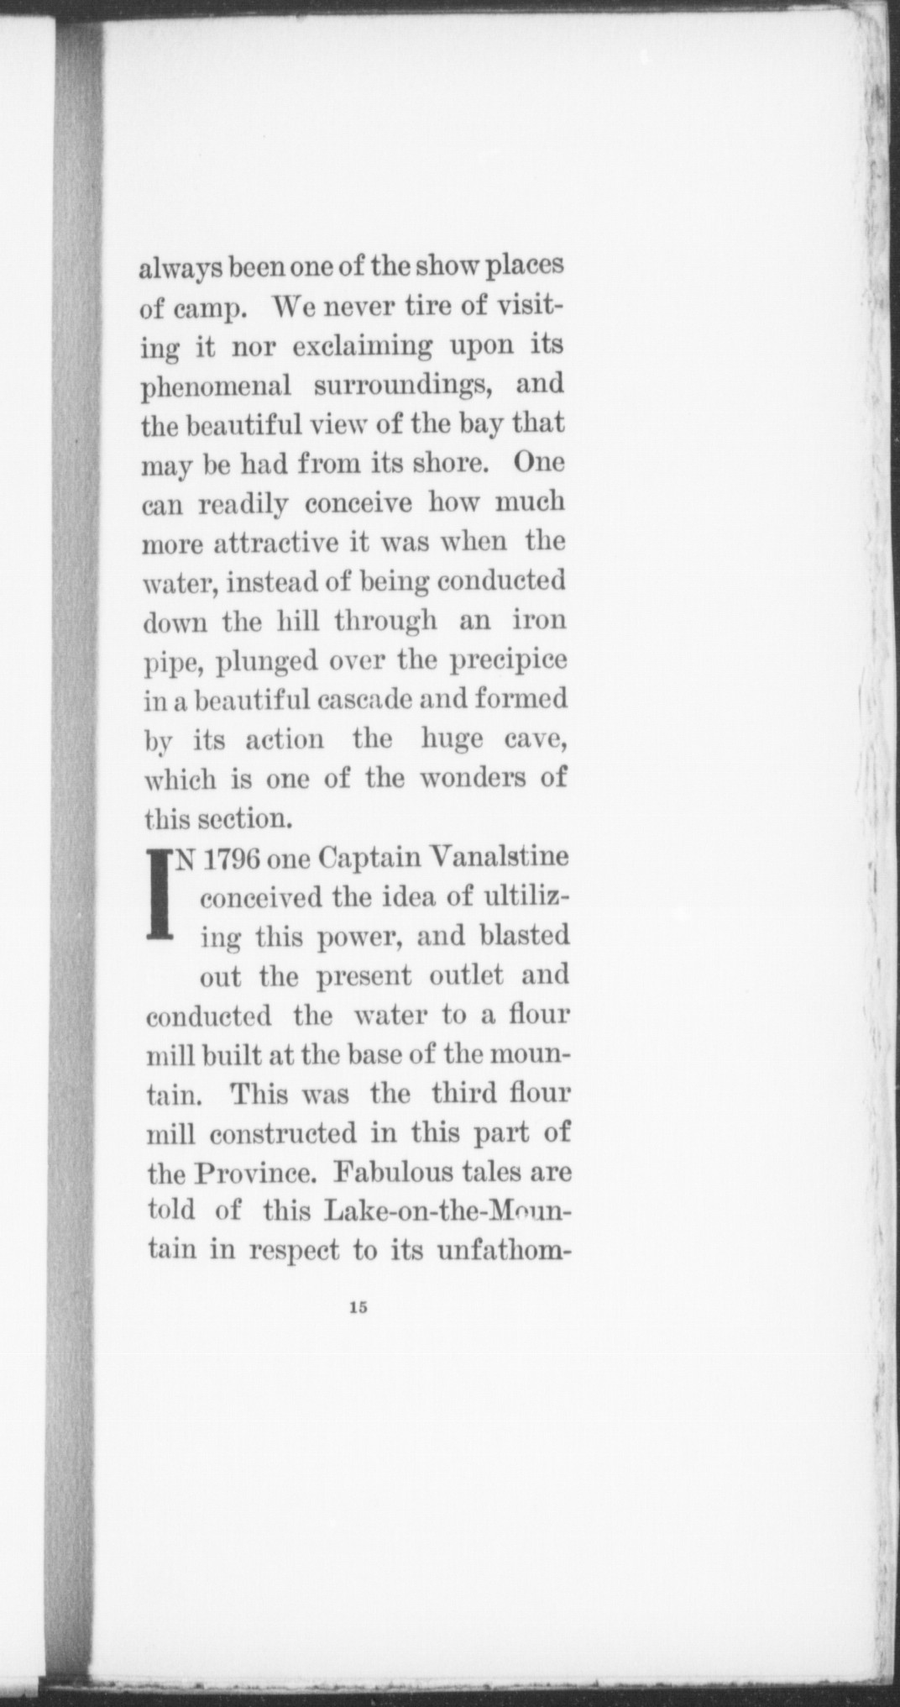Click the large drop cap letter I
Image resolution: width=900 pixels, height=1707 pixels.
tap(160, 895)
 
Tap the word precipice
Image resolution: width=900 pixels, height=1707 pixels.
tap(505, 661)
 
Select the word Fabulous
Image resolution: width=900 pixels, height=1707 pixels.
tap(402, 1172)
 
